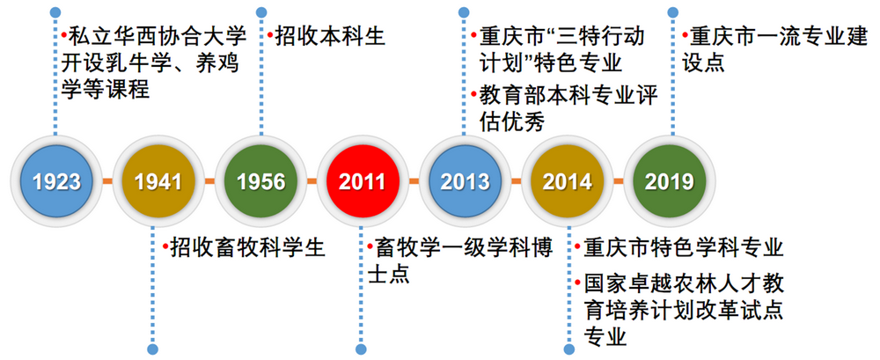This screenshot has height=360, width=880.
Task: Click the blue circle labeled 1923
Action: [x=56, y=181]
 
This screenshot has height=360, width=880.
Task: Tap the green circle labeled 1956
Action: [x=260, y=181]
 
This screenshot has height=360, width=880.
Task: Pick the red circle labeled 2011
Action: [x=363, y=181]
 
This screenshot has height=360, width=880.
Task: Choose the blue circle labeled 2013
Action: [x=465, y=181]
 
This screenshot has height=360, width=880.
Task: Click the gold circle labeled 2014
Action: [x=567, y=181]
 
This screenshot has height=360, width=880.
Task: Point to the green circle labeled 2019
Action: [x=669, y=181]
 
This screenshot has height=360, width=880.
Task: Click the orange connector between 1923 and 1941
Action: [x=107, y=182]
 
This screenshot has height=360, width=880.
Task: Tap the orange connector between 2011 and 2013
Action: [x=414, y=182]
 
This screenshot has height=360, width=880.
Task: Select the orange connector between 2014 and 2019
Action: [x=618, y=182]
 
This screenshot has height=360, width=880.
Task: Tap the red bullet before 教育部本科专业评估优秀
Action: [x=472, y=93]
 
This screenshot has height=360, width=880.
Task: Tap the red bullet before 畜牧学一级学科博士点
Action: [x=370, y=247]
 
